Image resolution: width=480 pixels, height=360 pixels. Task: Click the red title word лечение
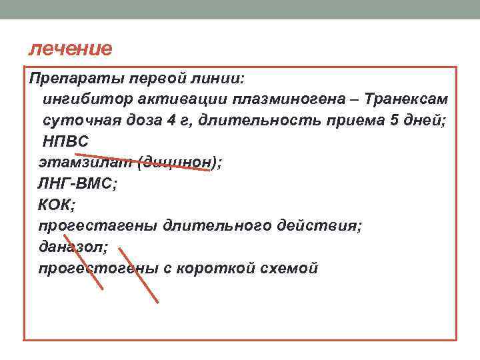(71, 49)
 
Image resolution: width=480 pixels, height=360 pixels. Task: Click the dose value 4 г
(193, 121)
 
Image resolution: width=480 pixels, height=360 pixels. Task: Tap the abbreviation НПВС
(65, 141)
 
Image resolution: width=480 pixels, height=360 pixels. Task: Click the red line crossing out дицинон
(173, 161)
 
